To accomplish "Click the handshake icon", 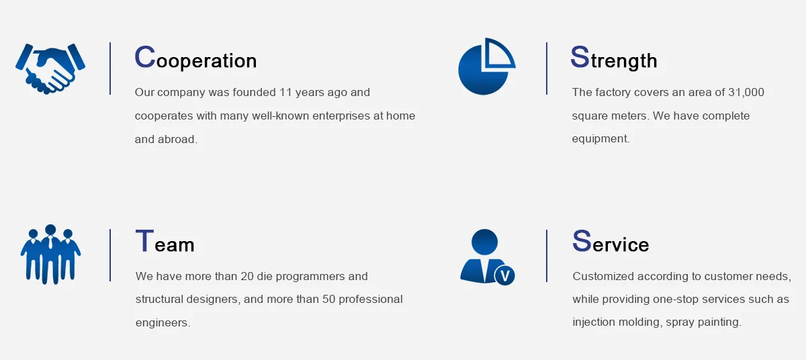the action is pyautogui.click(x=50, y=69).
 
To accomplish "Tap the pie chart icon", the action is pyautogui.click(x=486, y=66).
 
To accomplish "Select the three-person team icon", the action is pyautogui.click(x=50, y=255).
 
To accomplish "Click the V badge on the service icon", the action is pyautogui.click(x=505, y=276).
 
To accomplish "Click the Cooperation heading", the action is pyautogui.click(x=195, y=58).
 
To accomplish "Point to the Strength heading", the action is pyautogui.click(x=614, y=58).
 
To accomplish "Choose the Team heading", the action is pyautogui.click(x=165, y=241).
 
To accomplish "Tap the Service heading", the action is pyautogui.click(x=611, y=241).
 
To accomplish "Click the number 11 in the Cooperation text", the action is pyautogui.click(x=285, y=93).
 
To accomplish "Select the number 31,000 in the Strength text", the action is pyautogui.click(x=746, y=93).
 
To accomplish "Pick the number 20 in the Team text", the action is pyautogui.click(x=247, y=276).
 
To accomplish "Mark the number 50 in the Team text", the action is pyautogui.click(x=328, y=300).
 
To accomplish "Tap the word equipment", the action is pyautogui.click(x=600, y=139).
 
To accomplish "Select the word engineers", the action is pyautogui.click(x=163, y=323).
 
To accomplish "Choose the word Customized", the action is pyautogui.click(x=603, y=276).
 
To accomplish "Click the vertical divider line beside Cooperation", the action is pyautogui.click(x=110, y=69).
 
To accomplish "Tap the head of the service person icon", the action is pyautogui.click(x=485, y=242).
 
